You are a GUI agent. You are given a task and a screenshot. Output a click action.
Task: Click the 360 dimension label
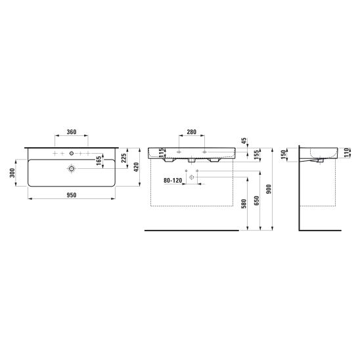(72, 132)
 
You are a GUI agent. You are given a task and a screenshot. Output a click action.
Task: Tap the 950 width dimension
(72, 195)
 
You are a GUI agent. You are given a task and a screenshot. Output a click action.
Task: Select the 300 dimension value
(12, 173)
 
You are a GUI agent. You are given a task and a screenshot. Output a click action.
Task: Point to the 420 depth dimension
(136, 167)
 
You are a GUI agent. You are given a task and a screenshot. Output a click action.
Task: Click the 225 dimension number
(124, 158)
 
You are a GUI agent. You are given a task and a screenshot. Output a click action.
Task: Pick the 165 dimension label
(99, 161)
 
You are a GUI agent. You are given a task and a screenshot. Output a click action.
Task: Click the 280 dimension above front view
(191, 132)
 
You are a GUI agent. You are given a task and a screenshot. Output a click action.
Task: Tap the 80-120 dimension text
(173, 181)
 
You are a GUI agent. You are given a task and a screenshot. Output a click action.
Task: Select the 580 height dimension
(244, 204)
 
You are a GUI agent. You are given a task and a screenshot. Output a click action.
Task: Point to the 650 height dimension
(257, 200)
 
